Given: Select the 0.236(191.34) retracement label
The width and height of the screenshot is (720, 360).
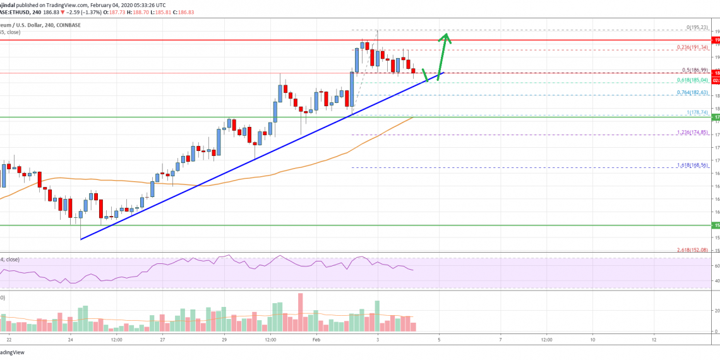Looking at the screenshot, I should pos(691,48).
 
